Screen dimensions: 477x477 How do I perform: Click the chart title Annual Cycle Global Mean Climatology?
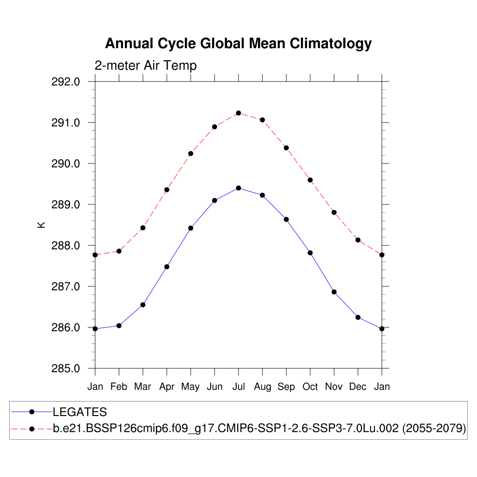coord(238,43)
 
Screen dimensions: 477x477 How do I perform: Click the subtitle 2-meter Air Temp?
coord(145,66)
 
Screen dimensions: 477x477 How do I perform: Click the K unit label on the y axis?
coord(41,225)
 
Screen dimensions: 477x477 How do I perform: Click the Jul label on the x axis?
coord(238,387)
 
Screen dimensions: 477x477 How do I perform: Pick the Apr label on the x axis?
coord(167,387)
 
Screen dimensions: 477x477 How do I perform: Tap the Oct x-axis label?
coord(310,387)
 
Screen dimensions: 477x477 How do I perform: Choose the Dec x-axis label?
coord(358,387)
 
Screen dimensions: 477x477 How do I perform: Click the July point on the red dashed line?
coord(238,113)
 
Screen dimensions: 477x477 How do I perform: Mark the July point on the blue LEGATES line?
coord(238,188)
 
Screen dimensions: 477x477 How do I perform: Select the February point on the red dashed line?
coord(119,251)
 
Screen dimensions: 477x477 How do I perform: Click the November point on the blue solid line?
coord(334,292)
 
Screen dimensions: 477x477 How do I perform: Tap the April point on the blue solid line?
coord(167,266)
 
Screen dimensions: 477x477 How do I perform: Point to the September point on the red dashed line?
coord(286,148)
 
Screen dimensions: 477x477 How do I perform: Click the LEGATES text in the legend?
coord(80,412)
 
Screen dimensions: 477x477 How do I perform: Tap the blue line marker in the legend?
coord(32,412)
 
